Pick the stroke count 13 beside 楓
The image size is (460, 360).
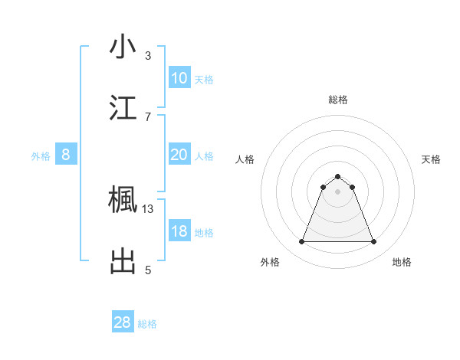[x=148, y=208]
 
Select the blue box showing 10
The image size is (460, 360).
[x=179, y=78]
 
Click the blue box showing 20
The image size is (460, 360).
[x=179, y=155]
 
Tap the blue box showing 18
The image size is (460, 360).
[x=179, y=231]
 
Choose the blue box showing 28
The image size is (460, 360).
[x=123, y=322]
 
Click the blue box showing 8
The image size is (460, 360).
[x=66, y=155]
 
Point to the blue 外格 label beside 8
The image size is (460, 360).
[x=41, y=155]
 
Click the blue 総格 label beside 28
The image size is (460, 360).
[x=147, y=324]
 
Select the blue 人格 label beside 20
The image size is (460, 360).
[x=204, y=155]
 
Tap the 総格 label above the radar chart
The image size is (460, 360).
[x=337, y=100]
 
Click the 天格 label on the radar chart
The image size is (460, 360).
[x=432, y=159]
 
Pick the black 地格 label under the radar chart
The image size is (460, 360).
[x=402, y=262]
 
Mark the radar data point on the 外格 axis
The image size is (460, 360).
[x=301, y=242]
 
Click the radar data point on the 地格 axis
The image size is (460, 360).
[x=373, y=242]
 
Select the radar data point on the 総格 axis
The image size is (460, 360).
[x=337, y=176]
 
